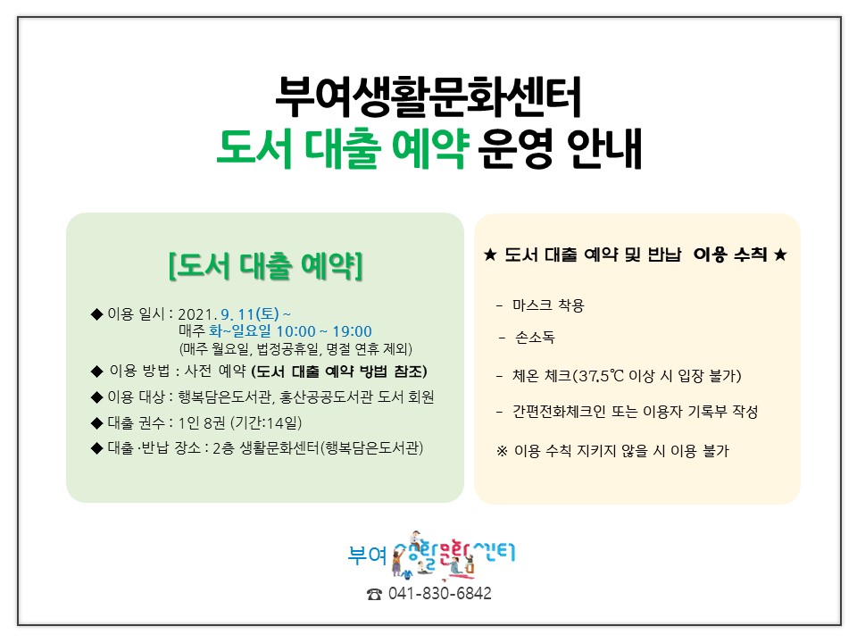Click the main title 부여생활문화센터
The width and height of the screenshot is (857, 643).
click(x=428, y=97)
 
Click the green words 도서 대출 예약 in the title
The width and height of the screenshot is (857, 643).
click(x=343, y=148)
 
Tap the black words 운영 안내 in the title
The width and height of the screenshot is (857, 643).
click(x=560, y=148)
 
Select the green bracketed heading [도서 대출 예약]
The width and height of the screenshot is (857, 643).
click(x=266, y=266)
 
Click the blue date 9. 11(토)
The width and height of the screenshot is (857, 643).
click(x=250, y=314)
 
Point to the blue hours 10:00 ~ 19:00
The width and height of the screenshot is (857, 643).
click(x=324, y=331)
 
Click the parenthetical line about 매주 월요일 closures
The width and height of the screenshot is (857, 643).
click(x=295, y=349)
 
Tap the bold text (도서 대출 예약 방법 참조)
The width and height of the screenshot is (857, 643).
click(x=339, y=372)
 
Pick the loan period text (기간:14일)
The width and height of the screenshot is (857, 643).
click(x=266, y=422)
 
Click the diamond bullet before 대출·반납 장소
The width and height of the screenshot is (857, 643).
click(x=96, y=449)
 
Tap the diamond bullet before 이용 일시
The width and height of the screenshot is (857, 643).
click(x=96, y=314)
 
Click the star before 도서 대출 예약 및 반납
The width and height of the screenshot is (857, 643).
click(x=490, y=255)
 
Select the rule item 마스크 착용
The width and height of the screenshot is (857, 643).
click(x=548, y=305)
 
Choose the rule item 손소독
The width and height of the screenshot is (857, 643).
click(x=535, y=338)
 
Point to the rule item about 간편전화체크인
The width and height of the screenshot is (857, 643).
click(x=635, y=411)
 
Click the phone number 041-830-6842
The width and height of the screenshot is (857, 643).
click(x=439, y=593)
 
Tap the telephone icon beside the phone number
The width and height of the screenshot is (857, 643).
click(x=374, y=595)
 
